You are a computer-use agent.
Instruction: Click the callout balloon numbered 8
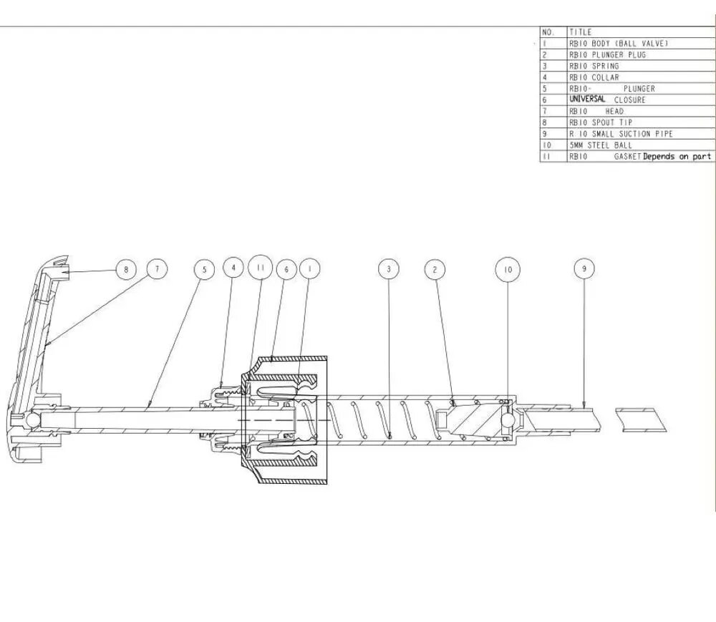tap(126, 269)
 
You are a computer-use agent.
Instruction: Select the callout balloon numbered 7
tap(157, 269)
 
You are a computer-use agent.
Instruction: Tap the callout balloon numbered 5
tap(204, 270)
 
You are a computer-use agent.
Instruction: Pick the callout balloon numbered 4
tap(233, 268)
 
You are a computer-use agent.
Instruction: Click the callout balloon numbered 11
tap(261, 268)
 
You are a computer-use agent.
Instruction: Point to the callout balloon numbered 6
tap(286, 269)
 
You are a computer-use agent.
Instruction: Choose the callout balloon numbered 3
tap(389, 269)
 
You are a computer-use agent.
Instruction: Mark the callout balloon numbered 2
tap(435, 269)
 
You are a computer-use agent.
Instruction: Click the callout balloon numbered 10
tap(508, 270)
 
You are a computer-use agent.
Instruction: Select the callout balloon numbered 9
tap(584, 269)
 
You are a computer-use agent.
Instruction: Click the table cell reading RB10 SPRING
tap(594, 66)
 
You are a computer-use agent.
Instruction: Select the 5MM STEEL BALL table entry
tap(601, 145)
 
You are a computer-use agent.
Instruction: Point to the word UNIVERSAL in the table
tap(587, 99)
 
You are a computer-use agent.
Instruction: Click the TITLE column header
tap(581, 32)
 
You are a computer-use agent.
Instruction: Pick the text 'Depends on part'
tap(677, 157)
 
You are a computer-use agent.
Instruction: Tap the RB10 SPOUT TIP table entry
tap(601, 123)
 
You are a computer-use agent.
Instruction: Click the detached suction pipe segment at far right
tap(642, 420)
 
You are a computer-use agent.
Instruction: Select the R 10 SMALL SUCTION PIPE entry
tap(621, 134)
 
